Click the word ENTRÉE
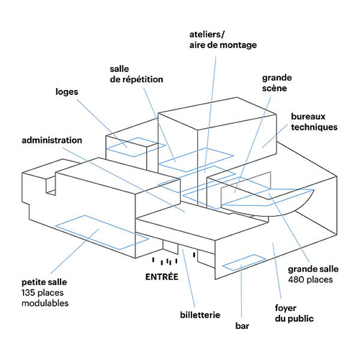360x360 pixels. pyautogui.click(x=162, y=276)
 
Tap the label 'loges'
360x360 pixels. pyautogui.click(x=67, y=92)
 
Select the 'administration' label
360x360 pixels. pyautogui.click(x=52, y=140)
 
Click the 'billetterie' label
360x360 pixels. pyautogui.click(x=200, y=315)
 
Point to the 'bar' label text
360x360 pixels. pyautogui.click(x=242, y=326)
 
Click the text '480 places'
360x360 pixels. pyautogui.click(x=310, y=279)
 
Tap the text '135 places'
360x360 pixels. pyautogui.click(x=42, y=292)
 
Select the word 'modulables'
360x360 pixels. pyautogui.click(x=45, y=303)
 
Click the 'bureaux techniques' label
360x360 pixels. pyautogui.click(x=314, y=122)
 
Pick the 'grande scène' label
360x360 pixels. pyautogui.click(x=277, y=83)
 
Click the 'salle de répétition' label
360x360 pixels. pyautogui.click(x=136, y=74)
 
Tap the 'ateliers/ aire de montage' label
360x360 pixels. pyautogui.click(x=223, y=40)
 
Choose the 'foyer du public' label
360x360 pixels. pyautogui.click(x=294, y=313)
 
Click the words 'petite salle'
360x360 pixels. pyautogui.click(x=44, y=282)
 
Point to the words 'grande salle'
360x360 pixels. pyautogui.click(x=313, y=269)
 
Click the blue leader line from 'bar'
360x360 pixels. pyautogui.click(x=241, y=291)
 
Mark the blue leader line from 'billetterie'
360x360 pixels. pyautogui.click(x=189, y=279)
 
